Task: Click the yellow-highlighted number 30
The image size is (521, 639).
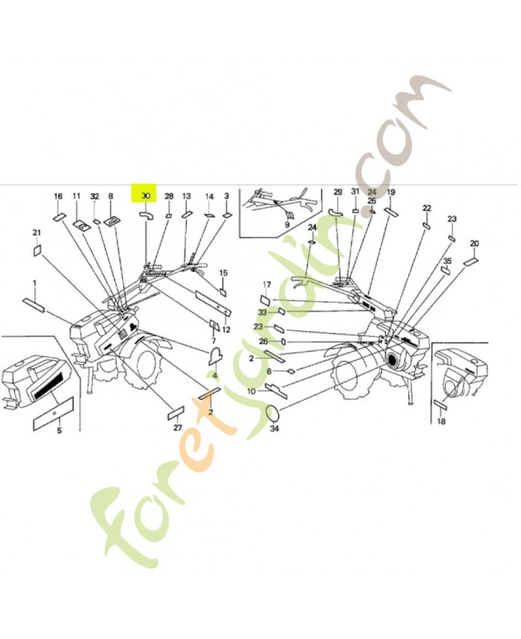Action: tap(145, 196)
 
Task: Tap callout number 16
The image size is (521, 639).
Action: tap(58, 196)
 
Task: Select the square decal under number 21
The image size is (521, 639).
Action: tap(37, 250)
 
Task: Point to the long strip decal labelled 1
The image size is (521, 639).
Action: tap(37, 304)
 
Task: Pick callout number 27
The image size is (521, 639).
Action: tap(177, 429)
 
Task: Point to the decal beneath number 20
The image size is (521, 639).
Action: tap(472, 260)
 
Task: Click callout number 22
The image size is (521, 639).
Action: tap(427, 208)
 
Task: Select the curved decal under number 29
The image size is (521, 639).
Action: tap(336, 211)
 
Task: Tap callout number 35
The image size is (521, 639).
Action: tap(447, 261)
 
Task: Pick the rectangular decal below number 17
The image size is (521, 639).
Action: tap(267, 300)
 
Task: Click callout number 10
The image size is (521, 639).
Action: tap(251, 391)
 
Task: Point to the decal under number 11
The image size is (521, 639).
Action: tap(81, 226)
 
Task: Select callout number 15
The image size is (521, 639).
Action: tap(223, 273)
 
